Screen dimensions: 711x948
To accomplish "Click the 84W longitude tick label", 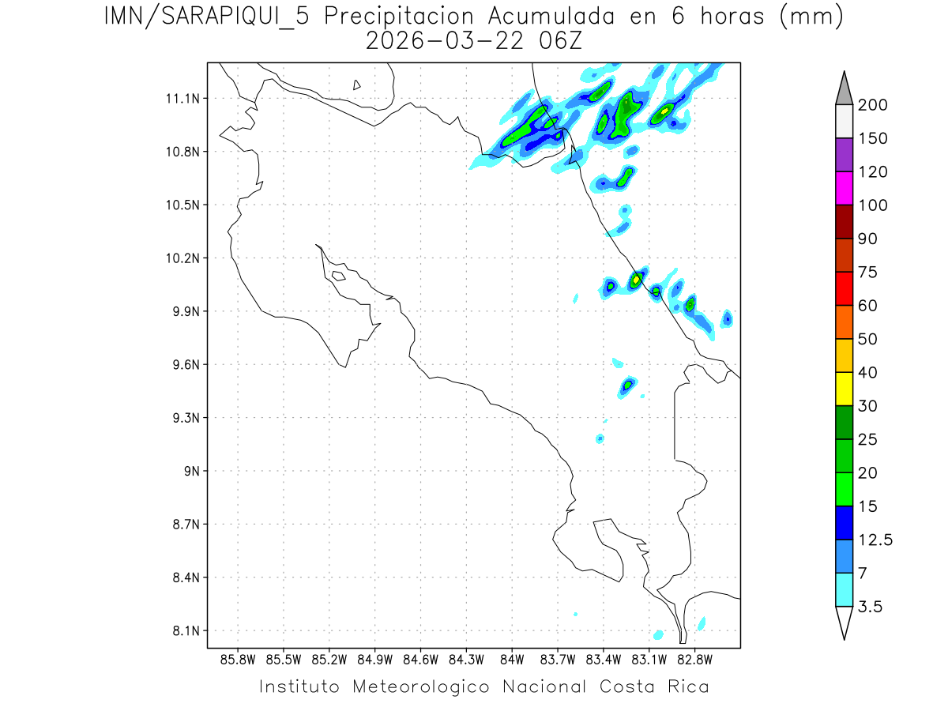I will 512,659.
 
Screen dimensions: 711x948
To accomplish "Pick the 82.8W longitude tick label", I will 694,659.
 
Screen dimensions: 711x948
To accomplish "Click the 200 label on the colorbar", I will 872,105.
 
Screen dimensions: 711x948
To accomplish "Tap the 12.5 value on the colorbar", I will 875,540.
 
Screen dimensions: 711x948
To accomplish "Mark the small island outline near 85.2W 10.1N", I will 338,276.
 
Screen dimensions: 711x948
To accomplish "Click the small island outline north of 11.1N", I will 357,85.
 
